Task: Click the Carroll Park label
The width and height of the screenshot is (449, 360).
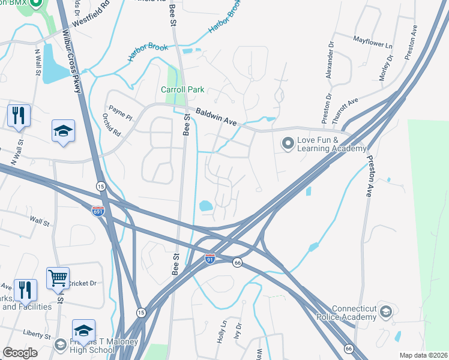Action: tap(182, 90)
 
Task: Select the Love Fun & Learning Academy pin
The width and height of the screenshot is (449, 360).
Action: tap(288, 143)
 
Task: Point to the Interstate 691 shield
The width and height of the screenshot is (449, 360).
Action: tap(98, 211)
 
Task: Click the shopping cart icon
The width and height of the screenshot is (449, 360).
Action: tap(58, 278)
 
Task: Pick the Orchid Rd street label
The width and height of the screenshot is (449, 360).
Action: tap(107, 124)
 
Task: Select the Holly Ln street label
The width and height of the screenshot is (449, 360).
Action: tap(221, 332)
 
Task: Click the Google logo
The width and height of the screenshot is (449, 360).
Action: tap(20, 353)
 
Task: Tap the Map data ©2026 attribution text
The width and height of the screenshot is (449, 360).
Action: tap(423, 355)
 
